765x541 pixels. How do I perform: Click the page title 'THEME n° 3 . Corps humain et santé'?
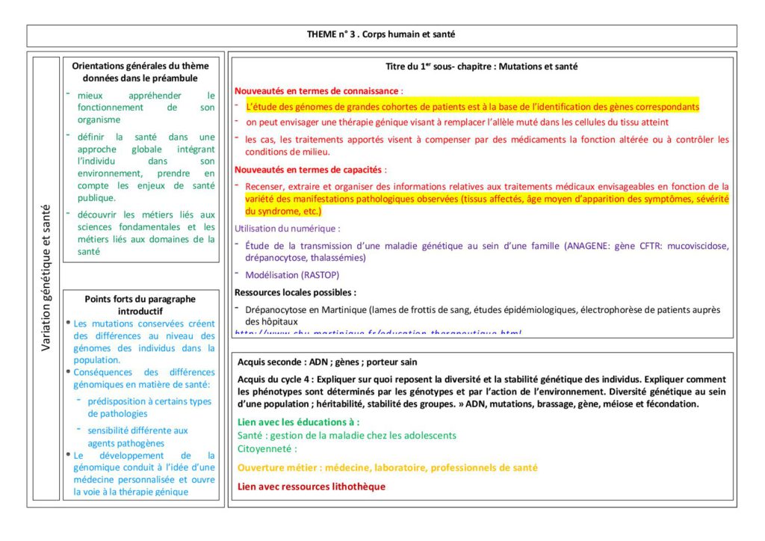(x=381, y=34)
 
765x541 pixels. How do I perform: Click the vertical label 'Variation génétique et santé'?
(x=46, y=277)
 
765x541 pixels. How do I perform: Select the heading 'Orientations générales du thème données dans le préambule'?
(x=140, y=72)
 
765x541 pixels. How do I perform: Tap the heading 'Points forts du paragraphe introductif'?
(x=140, y=304)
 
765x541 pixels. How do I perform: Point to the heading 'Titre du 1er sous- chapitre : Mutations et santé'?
(x=481, y=67)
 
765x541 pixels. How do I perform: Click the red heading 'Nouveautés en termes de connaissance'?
(x=317, y=90)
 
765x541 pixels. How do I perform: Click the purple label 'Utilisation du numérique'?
(x=287, y=229)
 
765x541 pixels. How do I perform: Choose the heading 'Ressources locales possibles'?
(x=295, y=292)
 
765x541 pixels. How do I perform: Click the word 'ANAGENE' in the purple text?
(x=585, y=246)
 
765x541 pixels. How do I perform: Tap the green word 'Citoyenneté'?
(x=264, y=448)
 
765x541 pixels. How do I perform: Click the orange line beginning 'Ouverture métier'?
(x=387, y=468)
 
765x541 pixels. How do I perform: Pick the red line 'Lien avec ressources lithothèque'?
(x=311, y=486)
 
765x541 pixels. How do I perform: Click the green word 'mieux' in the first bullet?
(x=90, y=96)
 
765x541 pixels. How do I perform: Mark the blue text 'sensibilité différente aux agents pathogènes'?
(x=137, y=436)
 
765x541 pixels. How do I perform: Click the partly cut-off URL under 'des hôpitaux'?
(x=378, y=332)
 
